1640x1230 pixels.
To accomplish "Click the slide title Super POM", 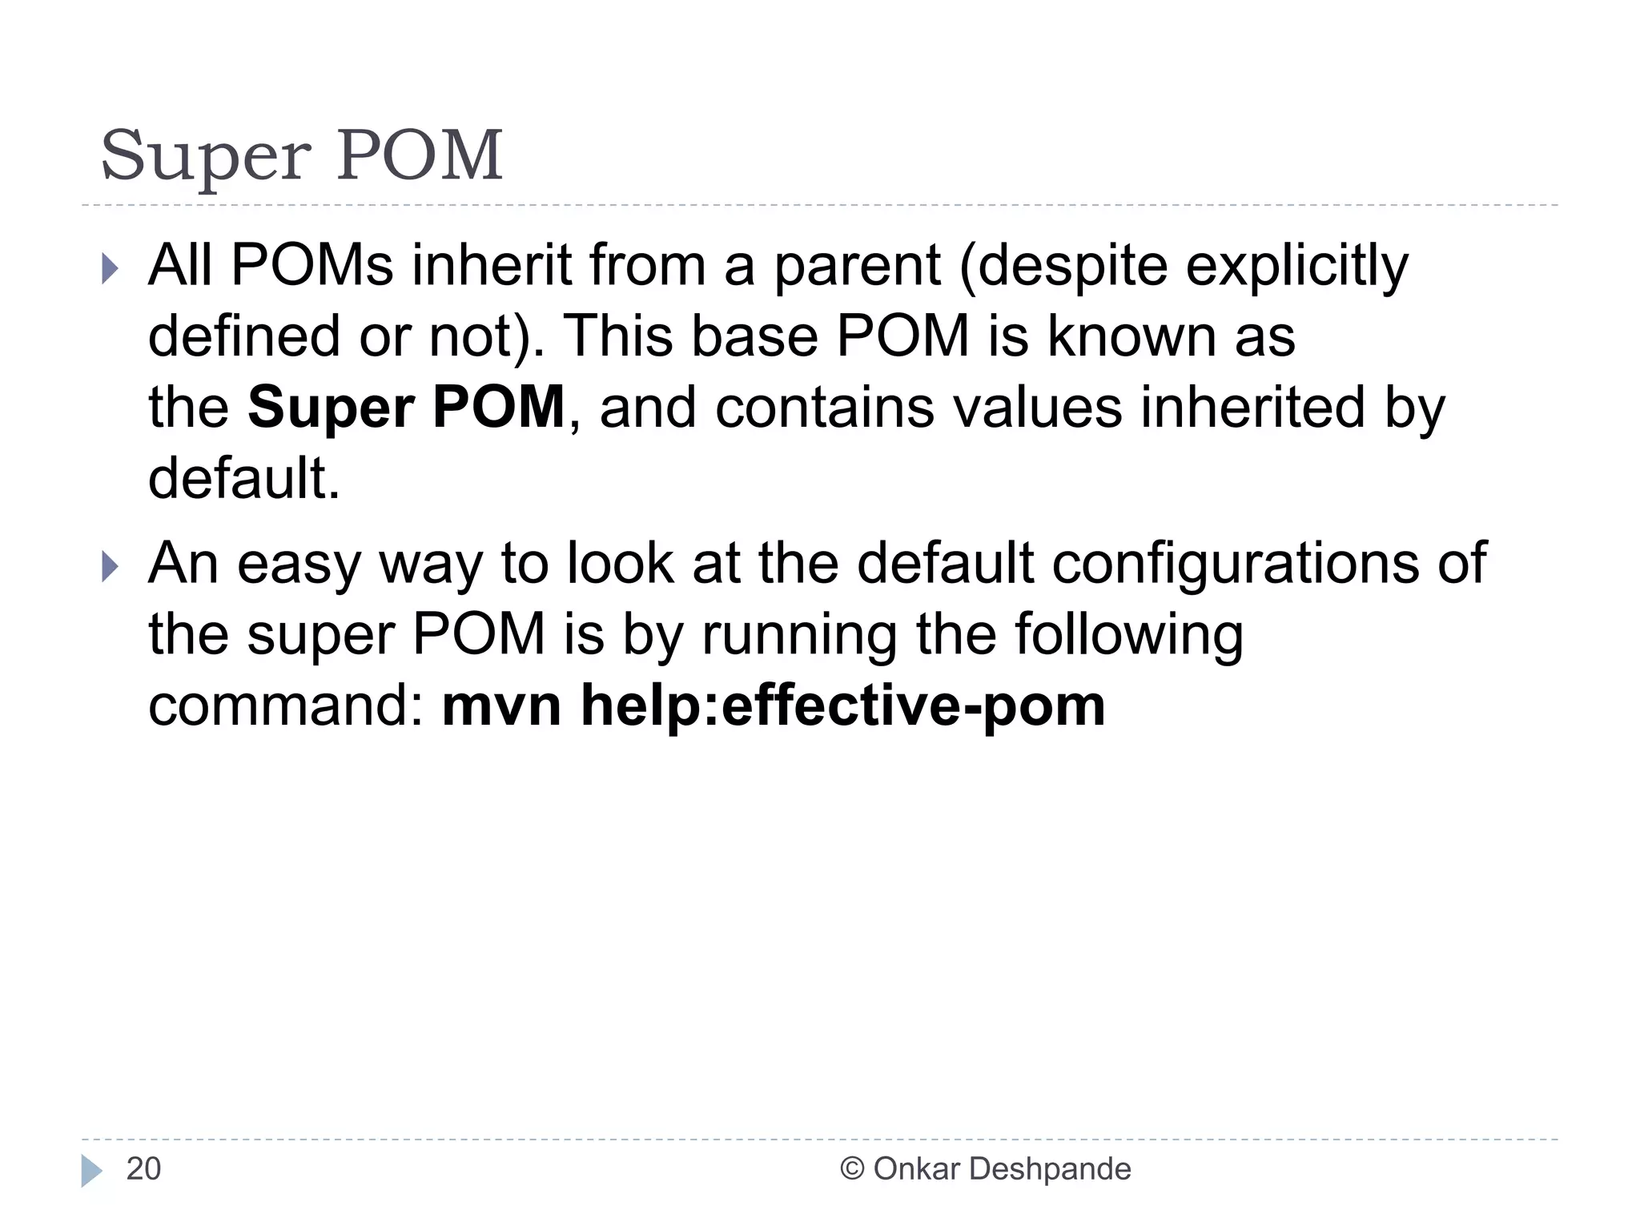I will pos(301,155).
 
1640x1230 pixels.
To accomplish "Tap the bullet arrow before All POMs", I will pos(110,269).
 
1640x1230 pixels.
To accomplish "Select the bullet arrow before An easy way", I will pos(110,568).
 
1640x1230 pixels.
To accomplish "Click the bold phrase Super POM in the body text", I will pos(406,408).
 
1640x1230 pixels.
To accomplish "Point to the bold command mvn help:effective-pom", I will pos(773,706).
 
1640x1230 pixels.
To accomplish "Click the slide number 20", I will pos(143,1169).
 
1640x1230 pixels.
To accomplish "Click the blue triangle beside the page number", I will pos(90,1170).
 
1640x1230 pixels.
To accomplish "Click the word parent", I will pos(856,266).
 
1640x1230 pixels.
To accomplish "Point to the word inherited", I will pos(1252,408).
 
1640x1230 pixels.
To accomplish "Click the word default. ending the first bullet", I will pos(244,479).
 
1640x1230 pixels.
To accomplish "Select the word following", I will pos(1128,635).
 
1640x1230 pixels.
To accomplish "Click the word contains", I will pos(824,408).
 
